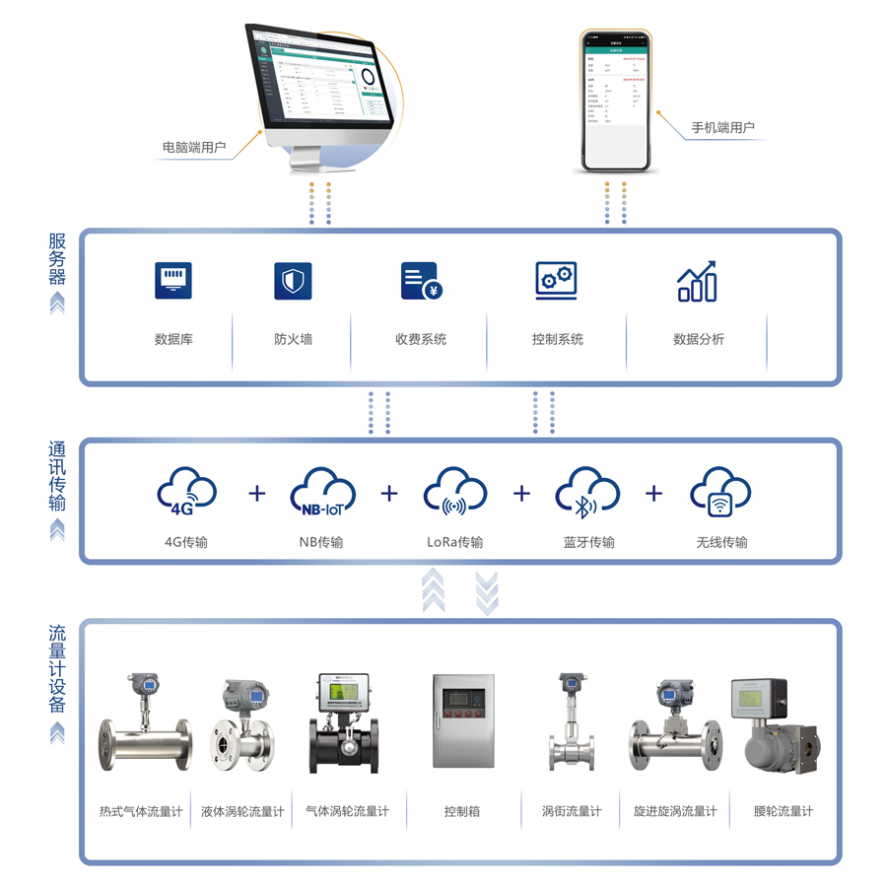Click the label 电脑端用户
(x=194, y=149)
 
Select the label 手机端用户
(x=722, y=128)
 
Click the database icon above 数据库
(x=173, y=281)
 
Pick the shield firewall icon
(x=293, y=281)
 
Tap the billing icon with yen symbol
(x=421, y=282)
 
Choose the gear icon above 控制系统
(x=556, y=281)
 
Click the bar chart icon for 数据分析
(x=698, y=282)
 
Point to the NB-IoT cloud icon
(x=322, y=493)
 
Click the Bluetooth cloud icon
(x=587, y=493)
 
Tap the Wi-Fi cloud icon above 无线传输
(x=720, y=493)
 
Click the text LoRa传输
(x=454, y=542)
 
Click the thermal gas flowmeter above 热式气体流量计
(x=143, y=729)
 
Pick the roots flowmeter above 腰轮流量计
(x=770, y=729)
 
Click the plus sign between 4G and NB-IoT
(x=257, y=493)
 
